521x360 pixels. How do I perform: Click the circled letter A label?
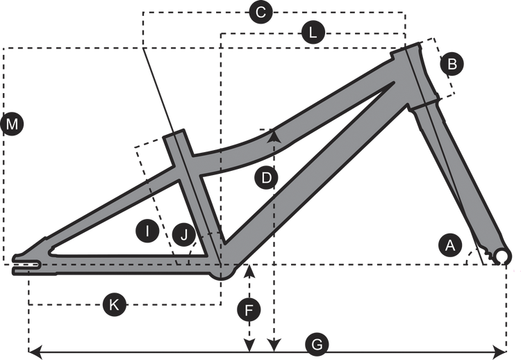point(449,245)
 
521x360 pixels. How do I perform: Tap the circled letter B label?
point(452,65)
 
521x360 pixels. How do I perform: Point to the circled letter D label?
point(265,179)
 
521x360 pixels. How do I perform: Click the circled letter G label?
point(317,344)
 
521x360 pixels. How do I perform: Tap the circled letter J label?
point(183,236)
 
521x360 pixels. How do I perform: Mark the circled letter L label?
point(313,33)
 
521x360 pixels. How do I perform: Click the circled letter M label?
point(13,125)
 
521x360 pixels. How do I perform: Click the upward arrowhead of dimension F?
point(249,268)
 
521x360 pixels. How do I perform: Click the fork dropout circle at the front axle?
point(503,256)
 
